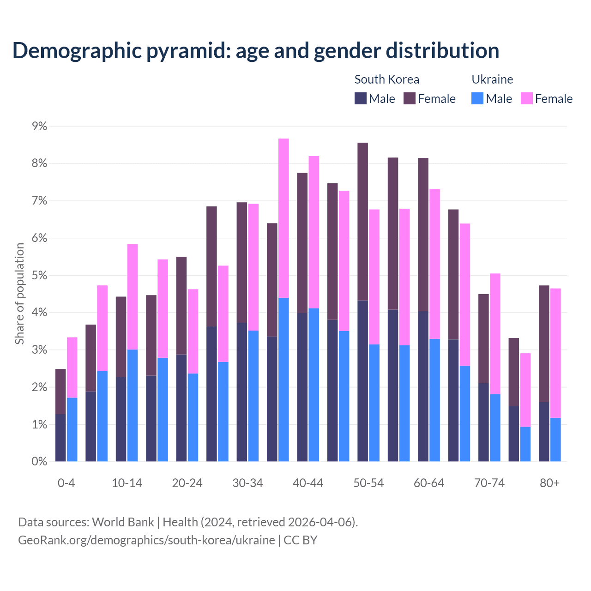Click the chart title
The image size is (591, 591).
pos(255,50)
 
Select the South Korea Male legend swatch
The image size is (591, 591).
pos(361,98)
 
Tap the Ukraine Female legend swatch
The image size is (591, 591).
pos(526,98)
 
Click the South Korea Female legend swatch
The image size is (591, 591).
pos(410,98)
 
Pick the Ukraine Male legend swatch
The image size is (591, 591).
pos(477,98)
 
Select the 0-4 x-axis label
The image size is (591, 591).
pos(66,483)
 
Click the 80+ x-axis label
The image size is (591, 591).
pos(549,483)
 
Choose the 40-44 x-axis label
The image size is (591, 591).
pos(308,483)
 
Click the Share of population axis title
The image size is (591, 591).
pos(20,294)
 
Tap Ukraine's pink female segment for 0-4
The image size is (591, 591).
pos(72,368)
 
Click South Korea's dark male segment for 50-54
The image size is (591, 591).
pos(363,381)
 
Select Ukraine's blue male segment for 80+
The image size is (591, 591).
pos(555,440)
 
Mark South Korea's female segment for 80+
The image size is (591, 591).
pos(544,344)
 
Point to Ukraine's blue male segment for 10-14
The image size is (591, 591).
pos(133,405)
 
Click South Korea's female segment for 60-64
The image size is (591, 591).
pos(423,235)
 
